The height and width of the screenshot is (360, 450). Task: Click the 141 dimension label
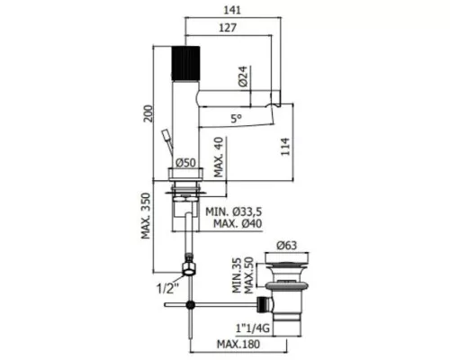(x=232, y=10)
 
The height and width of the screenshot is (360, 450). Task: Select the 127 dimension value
(x=228, y=28)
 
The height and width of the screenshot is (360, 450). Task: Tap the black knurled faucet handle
(x=185, y=63)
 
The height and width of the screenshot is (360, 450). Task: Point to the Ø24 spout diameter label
(x=244, y=76)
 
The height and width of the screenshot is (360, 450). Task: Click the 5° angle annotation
(x=237, y=119)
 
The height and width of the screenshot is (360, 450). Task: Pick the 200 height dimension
(x=148, y=113)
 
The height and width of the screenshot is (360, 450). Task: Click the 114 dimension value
(x=285, y=147)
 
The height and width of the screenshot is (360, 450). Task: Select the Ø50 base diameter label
(x=185, y=163)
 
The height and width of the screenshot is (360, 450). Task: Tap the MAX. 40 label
(x=219, y=157)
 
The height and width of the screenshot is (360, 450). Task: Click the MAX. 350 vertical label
(x=146, y=216)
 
